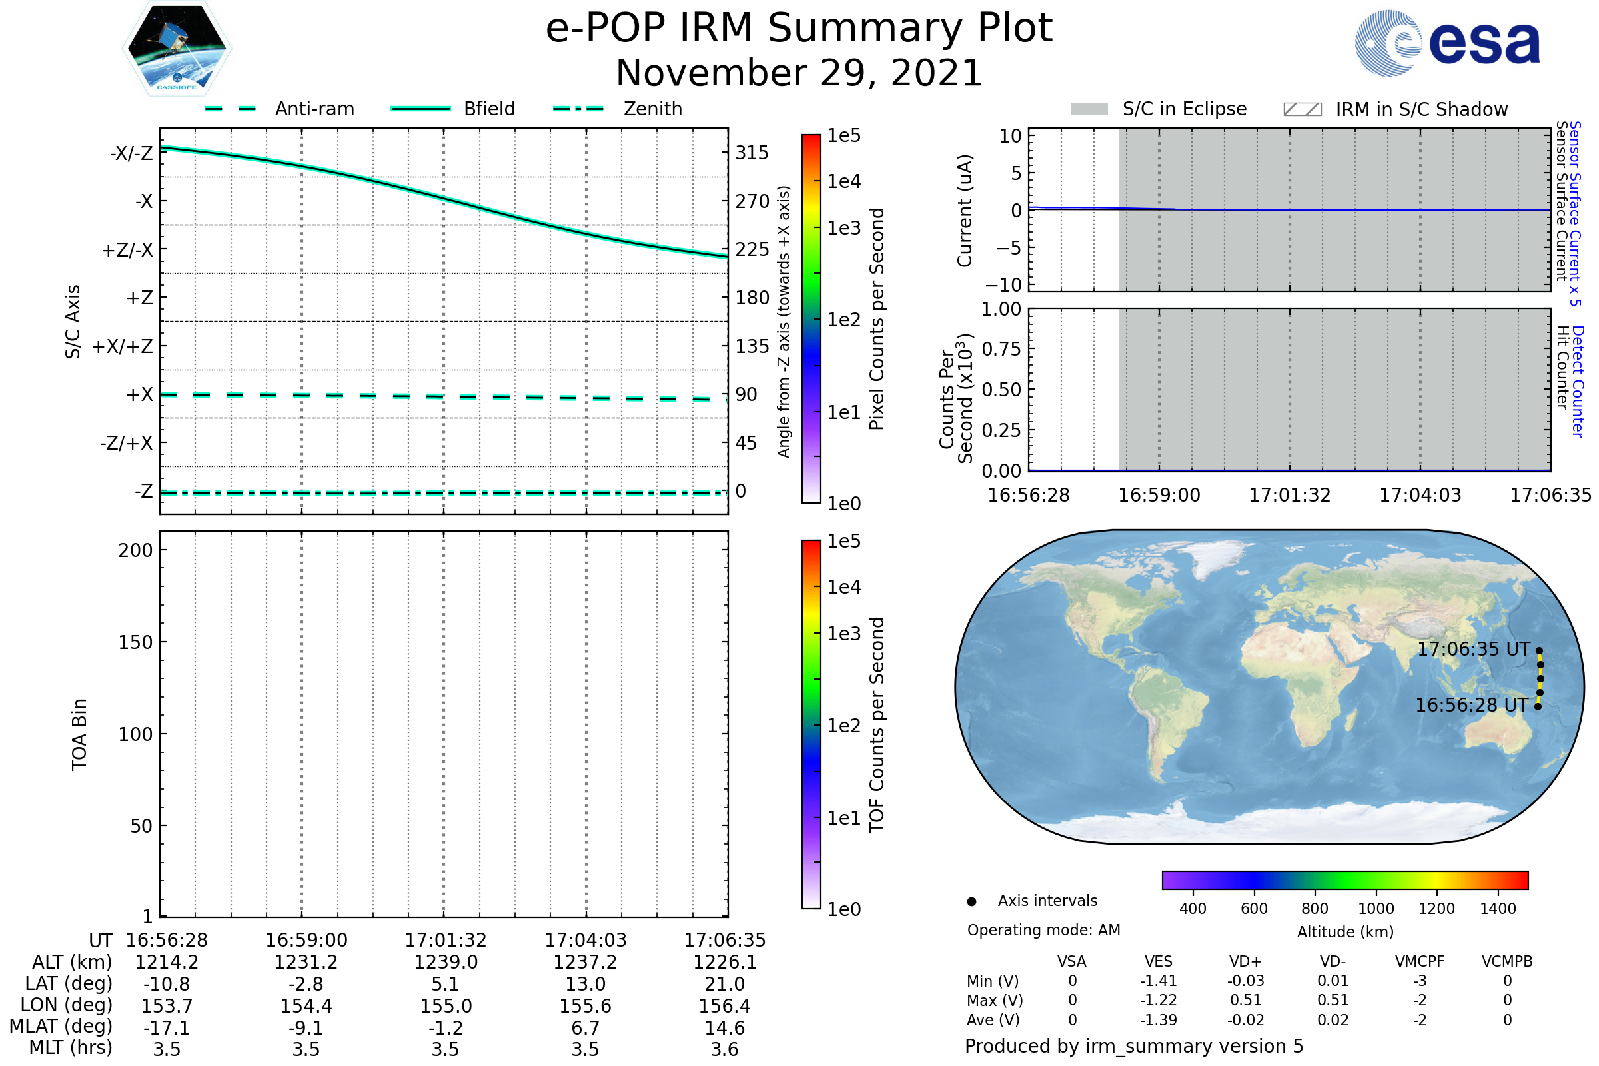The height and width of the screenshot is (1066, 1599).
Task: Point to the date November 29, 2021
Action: [x=799, y=73]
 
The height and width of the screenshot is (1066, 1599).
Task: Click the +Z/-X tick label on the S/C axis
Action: [x=127, y=251]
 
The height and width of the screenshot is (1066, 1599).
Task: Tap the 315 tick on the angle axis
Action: [x=752, y=153]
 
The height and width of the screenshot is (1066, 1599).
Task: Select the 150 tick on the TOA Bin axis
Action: [x=135, y=642]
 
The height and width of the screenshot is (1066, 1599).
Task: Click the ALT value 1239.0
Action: [x=445, y=962]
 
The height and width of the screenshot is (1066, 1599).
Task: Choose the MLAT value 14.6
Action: [x=724, y=1028]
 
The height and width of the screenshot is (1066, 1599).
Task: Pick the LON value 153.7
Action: [x=167, y=1006]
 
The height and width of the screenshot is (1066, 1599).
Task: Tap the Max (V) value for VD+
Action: [x=1245, y=1000]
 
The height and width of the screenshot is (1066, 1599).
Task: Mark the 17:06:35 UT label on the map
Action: [x=1473, y=649]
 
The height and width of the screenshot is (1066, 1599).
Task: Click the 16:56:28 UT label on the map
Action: [x=1471, y=705]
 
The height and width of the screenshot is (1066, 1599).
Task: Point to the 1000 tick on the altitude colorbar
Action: [x=1375, y=909]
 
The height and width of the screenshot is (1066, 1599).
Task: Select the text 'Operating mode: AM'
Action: [x=1043, y=930]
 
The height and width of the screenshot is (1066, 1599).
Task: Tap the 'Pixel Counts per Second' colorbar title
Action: [x=877, y=319]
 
